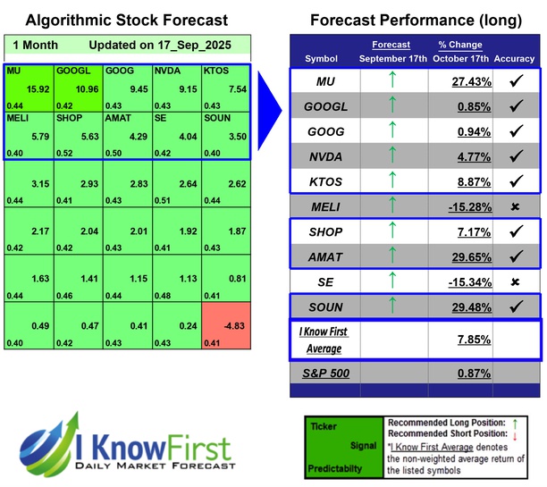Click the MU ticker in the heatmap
pos(13,70)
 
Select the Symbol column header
pos(322,58)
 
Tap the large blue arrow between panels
pos(267,116)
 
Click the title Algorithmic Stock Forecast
pos(126,20)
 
